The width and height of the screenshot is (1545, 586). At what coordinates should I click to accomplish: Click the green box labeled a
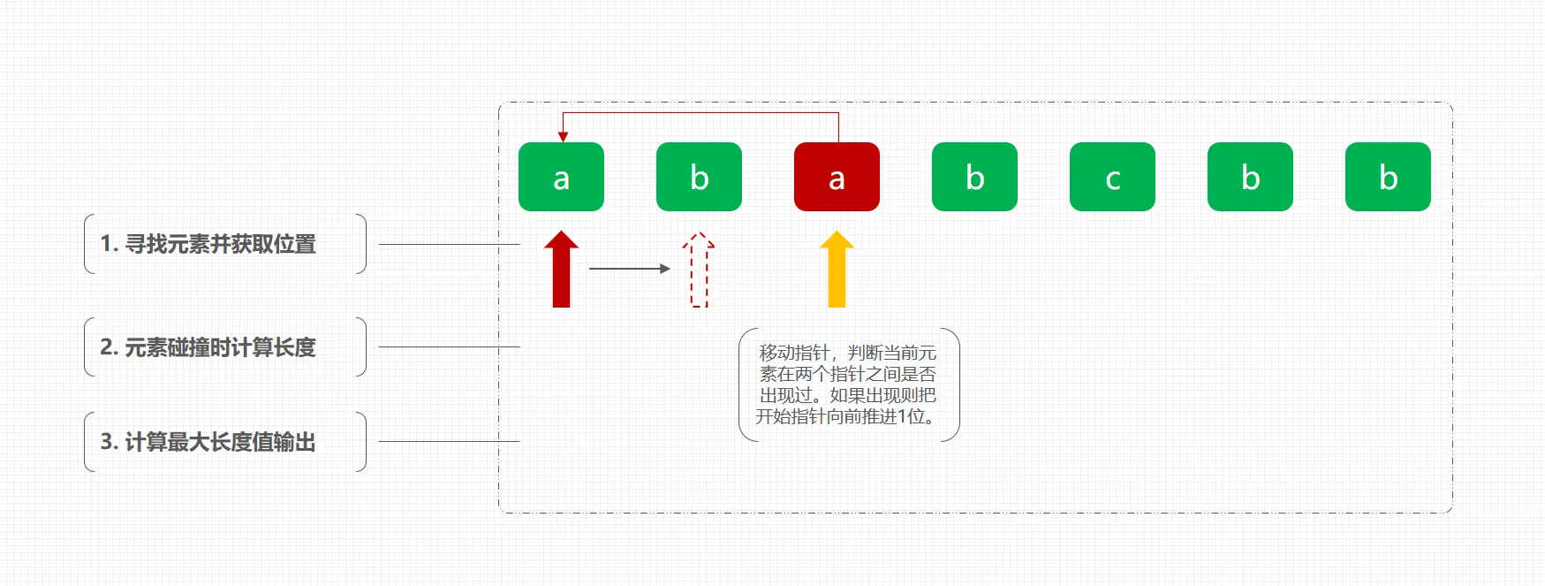coord(561,177)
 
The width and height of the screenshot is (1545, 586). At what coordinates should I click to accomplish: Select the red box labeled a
coord(837,177)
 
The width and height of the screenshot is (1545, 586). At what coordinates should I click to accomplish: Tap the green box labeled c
coord(1112,177)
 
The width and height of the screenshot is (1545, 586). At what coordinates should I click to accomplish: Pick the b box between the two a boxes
coord(699,177)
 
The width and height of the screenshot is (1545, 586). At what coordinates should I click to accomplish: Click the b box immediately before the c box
coord(974,177)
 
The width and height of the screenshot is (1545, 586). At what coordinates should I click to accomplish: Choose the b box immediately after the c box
coord(1250,177)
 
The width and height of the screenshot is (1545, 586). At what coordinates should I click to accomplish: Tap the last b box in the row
coord(1388,177)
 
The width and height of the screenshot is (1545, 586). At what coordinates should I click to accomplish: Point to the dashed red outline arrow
coord(699,270)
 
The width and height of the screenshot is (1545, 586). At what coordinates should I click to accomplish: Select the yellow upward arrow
coord(837,270)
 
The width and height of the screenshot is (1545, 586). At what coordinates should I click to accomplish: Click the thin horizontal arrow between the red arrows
coord(629,269)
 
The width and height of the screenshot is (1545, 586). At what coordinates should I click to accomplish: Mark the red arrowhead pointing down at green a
coord(563,137)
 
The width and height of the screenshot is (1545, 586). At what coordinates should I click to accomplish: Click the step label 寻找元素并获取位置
coord(220,244)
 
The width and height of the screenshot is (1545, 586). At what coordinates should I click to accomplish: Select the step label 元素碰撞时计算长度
coord(220,347)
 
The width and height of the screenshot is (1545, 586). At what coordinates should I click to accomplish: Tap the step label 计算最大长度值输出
coord(220,442)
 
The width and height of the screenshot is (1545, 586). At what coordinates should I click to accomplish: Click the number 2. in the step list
coord(109,347)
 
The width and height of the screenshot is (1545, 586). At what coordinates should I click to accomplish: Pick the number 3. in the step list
coord(109,442)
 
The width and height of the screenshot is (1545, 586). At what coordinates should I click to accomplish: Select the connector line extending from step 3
coord(449,441)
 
